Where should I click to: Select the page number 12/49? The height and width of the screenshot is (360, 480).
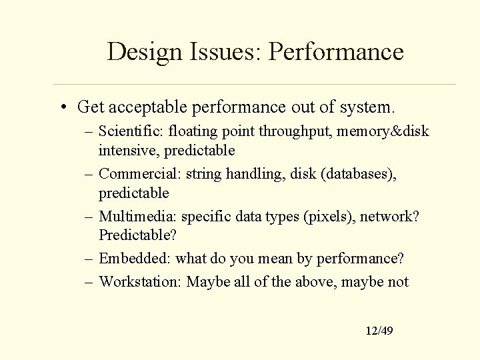[x=379, y=330]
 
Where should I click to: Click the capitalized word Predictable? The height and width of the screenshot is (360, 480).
[x=135, y=236]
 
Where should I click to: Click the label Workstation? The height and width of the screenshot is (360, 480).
[x=141, y=281]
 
